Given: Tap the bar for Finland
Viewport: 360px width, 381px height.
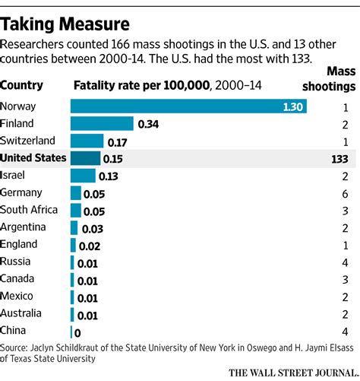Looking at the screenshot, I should click(102, 123).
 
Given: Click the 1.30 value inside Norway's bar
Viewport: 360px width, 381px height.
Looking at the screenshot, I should click(290, 106).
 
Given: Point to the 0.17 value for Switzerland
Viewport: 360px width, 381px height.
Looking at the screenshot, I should click(118, 141).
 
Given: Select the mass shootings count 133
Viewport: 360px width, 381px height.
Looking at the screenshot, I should click(339, 158).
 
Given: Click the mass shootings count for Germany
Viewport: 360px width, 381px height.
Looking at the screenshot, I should click(346, 193).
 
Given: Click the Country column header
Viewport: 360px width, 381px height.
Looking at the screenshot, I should click(22, 86).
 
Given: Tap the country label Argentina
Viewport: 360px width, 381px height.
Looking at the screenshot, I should click(24, 227).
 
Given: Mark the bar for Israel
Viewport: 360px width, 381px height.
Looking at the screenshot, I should click(83, 176).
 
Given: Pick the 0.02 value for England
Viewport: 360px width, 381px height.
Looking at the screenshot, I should click(90, 245).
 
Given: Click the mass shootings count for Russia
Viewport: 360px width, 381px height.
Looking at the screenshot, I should click(346, 262).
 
